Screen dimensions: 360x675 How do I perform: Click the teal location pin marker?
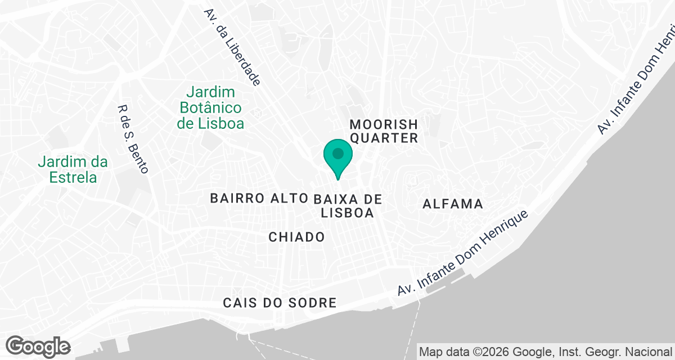(x=338, y=158)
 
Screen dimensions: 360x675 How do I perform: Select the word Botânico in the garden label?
(x=210, y=107)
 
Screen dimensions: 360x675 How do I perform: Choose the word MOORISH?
(x=384, y=124)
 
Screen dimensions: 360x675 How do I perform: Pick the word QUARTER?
(x=384, y=138)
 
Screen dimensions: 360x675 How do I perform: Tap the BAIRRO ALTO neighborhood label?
(x=259, y=199)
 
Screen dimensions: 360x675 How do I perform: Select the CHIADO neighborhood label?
(x=296, y=237)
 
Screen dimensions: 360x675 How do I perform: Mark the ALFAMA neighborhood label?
(x=453, y=204)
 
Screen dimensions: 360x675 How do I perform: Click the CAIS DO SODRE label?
(x=280, y=303)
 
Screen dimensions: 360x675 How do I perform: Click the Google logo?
(x=38, y=346)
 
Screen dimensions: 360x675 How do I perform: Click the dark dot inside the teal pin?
(x=338, y=153)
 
